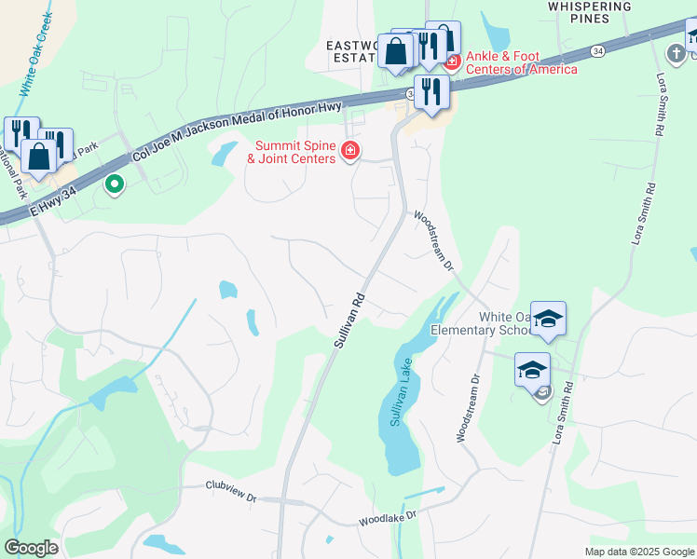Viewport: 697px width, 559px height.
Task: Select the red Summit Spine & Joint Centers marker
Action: pos(350,151)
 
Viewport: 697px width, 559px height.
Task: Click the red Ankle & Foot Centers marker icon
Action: pos(452,61)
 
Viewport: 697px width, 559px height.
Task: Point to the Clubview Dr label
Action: pos(230,490)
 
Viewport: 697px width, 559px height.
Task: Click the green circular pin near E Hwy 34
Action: pos(115,185)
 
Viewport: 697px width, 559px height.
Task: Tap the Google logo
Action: pos(31,548)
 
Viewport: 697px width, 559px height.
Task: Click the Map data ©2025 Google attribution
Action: pos(638,552)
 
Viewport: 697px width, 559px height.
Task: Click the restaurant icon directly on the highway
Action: pos(430,90)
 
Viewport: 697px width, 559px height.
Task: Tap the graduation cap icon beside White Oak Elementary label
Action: pos(548,319)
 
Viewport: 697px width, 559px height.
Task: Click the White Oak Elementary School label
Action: pos(479,323)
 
